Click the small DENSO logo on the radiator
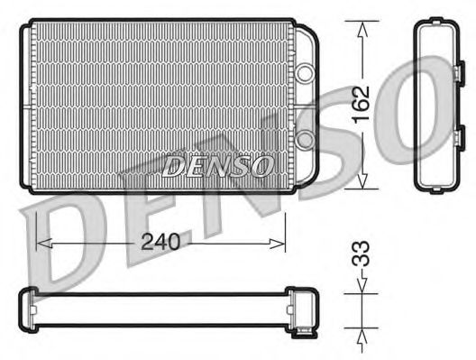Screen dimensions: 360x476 pyautogui.click(x=217, y=164)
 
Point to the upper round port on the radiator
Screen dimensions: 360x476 pyautogui.click(x=305, y=70)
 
